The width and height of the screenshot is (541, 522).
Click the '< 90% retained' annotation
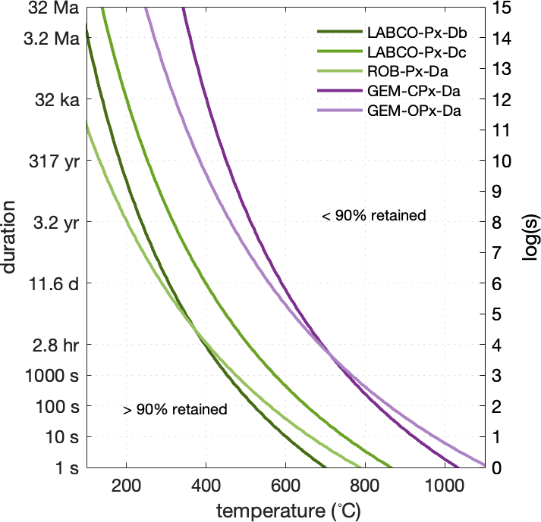point(374,216)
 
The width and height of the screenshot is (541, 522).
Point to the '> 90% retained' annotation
point(175,410)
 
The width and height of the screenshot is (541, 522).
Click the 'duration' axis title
point(11,237)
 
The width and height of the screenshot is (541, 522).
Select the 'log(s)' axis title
point(530,237)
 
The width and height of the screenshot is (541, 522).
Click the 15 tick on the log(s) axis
point(500,8)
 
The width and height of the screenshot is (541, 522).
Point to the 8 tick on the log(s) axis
point(497,222)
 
